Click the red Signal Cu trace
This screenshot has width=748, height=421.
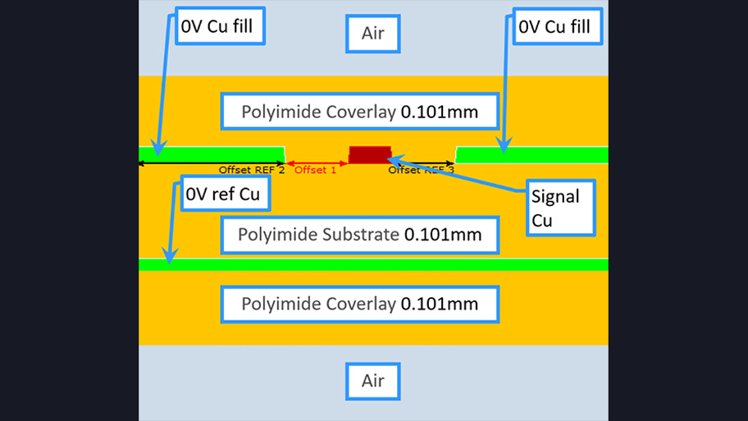click(x=369, y=155)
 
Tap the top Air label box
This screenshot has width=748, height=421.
click(x=373, y=34)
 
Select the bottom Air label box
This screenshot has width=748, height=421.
click(x=373, y=381)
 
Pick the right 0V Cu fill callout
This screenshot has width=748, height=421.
click(x=554, y=27)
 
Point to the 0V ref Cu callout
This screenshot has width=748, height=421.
click(x=225, y=194)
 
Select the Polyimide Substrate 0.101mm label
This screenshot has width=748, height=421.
click(x=360, y=236)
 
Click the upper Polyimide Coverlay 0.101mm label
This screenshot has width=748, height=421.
click(x=360, y=111)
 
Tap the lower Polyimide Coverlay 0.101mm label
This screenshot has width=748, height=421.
click(x=360, y=304)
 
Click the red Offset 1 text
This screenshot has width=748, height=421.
click(x=315, y=170)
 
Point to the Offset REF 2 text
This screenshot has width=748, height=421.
click(x=251, y=170)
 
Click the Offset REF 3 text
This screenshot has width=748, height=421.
click(x=421, y=170)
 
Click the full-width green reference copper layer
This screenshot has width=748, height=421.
click(x=373, y=264)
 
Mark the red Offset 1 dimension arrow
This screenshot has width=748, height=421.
click(x=317, y=163)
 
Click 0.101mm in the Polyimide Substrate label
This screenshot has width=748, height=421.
click(x=443, y=236)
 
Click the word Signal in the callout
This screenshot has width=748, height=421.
click(x=555, y=197)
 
